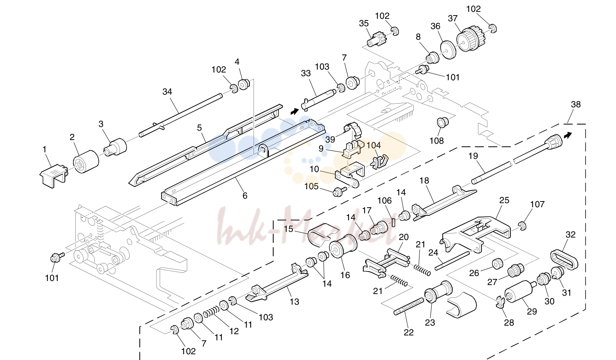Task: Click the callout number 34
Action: click(x=167, y=92)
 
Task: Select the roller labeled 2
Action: click(x=86, y=162)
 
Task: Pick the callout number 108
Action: click(x=437, y=140)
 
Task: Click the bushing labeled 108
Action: click(x=443, y=122)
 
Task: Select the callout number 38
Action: click(x=576, y=104)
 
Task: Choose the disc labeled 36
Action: click(x=448, y=50)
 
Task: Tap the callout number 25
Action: click(x=504, y=200)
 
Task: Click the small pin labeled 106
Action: click(x=393, y=222)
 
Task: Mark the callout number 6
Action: click(x=245, y=195)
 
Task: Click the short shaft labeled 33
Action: click(x=318, y=99)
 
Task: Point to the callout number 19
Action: click(x=473, y=156)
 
